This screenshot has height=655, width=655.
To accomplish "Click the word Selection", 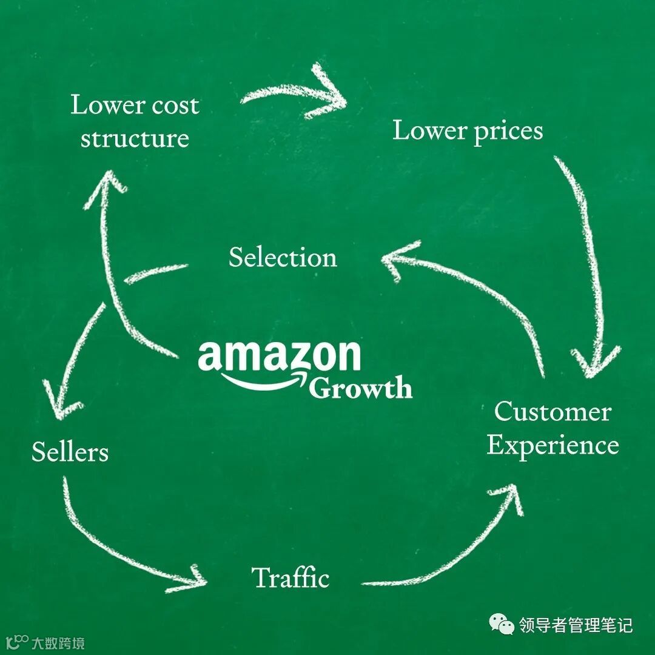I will click(283, 258).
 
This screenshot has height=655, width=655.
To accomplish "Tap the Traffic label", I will click(291, 577).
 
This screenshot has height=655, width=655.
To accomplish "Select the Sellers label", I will click(70, 452).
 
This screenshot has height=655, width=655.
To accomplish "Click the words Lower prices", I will click(467, 131).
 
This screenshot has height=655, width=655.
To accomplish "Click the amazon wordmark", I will click(279, 356).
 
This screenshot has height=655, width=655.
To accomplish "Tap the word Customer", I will click(552, 412).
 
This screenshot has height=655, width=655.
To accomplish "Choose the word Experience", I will click(553, 445).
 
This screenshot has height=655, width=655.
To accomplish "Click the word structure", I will click(135, 138).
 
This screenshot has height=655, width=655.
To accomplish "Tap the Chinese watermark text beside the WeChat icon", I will click(576, 624).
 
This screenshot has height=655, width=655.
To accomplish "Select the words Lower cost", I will click(135, 105).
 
